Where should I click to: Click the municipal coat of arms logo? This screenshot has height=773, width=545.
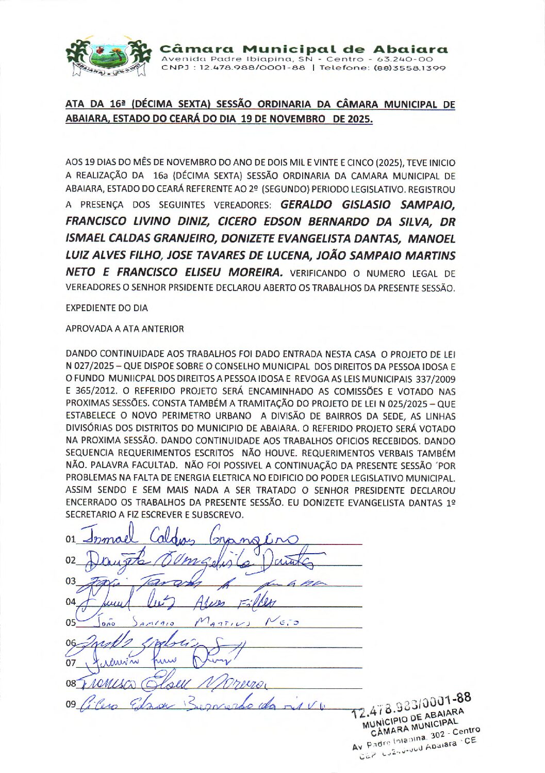coord(109,57)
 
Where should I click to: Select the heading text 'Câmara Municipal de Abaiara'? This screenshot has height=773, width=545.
coord(304,50)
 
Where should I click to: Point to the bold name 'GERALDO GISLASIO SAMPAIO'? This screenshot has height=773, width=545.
coord(368,205)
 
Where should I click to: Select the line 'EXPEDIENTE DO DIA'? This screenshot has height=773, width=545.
coord(107,308)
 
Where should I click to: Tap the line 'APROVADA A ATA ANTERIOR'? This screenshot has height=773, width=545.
coord(125,329)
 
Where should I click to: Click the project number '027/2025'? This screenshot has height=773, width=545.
coord(92,367)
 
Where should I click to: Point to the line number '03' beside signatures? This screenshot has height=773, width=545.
coord(71,582)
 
